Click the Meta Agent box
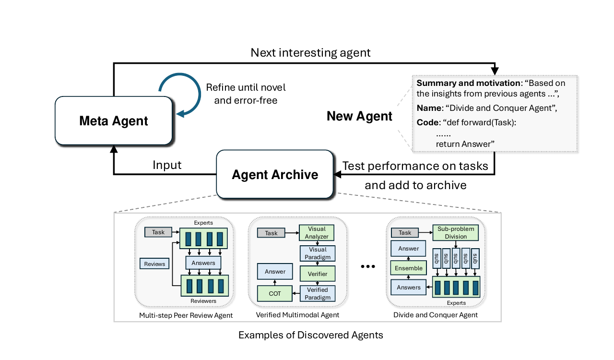click(x=114, y=121)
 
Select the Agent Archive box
click(x=275, y=174)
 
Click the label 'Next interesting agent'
click(x=310, y=53)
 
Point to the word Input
click(x=167, y=165)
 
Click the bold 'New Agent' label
click(x=359, y=116)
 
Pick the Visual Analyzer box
click(x=317, y=233)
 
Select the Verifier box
click(x=318, y=274)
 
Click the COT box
click(x=275, y=294)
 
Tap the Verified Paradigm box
click(x=318, y=294)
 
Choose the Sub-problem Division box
click(x=456, y=233)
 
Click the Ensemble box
click(x=408, y=268)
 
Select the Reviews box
click(x=154, y=264)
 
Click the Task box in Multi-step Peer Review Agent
click(x=158, y=232)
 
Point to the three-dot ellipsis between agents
click(x=368, y=266)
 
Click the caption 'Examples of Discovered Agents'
click(x=310, y=335)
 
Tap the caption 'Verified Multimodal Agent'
click(x=297, y=315)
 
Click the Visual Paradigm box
click(x=318, y=253)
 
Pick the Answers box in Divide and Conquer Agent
click(x=408, y=288)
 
